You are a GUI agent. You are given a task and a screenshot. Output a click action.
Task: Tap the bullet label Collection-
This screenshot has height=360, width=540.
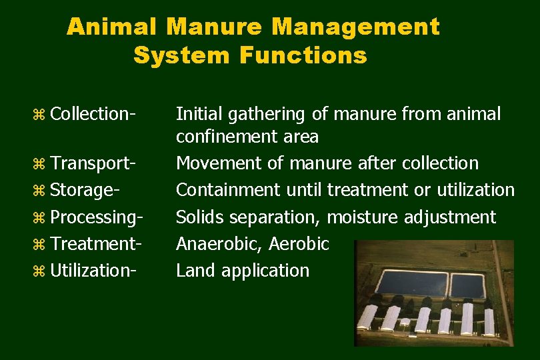(x=93, y=114)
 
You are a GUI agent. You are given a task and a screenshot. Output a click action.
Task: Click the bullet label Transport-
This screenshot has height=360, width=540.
(x=94, y=163)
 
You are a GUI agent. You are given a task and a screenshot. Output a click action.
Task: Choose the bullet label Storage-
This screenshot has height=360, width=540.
(x=85, y=190)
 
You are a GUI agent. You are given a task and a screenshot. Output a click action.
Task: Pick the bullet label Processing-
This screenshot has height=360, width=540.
(x=97, y=217)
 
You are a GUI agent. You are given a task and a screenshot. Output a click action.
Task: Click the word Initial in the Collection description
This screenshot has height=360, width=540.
(x=197, y=114)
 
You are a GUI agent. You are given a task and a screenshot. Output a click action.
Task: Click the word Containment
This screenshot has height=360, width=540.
(x=228, y=190)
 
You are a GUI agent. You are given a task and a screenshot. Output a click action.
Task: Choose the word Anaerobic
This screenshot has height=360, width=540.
(x=219, y=244)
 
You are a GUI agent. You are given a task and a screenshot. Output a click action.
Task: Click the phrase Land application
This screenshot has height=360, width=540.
(x=243, y=270)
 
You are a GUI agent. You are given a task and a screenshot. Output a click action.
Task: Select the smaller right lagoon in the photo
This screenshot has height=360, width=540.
(x=467, y=285)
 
